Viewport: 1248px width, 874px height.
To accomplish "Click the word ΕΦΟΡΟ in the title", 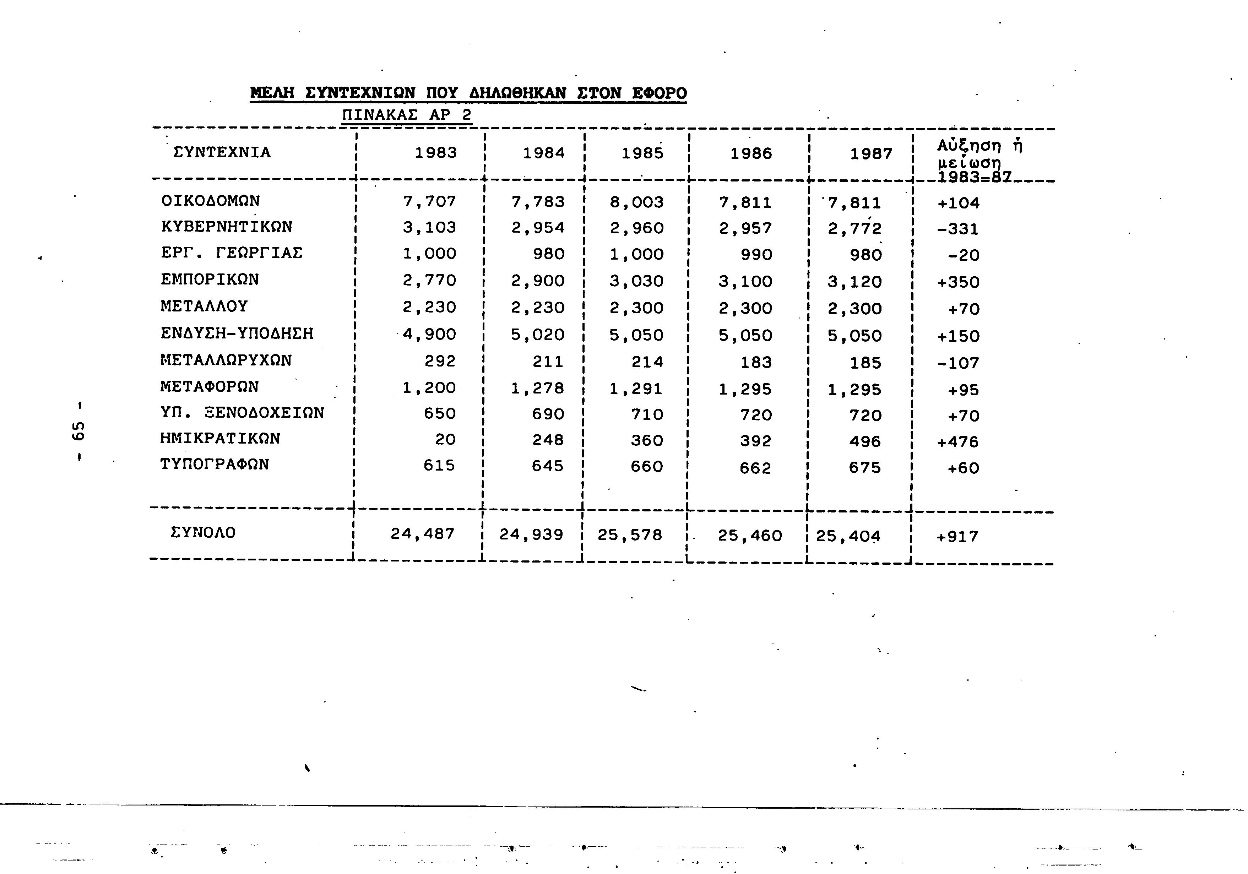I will pos(659,93).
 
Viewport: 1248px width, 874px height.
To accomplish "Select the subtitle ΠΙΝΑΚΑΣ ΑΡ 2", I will pos(407,115).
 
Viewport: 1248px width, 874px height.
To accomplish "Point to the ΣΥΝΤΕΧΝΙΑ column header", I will pos(222,152).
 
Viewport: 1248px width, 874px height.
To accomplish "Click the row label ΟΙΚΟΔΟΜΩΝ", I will pos(211,201).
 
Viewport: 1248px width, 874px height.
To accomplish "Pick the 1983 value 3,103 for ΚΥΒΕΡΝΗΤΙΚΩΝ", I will pos(429,227).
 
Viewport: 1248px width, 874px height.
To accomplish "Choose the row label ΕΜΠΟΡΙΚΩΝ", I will pos(210,280).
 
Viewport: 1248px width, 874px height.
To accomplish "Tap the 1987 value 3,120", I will pos(854,282).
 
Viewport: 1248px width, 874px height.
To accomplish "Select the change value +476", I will pos(958,442).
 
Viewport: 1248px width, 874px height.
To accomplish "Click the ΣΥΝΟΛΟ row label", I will pos(203,533).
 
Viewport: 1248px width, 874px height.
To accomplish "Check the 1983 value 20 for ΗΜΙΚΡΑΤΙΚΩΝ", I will pos(445,440).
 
